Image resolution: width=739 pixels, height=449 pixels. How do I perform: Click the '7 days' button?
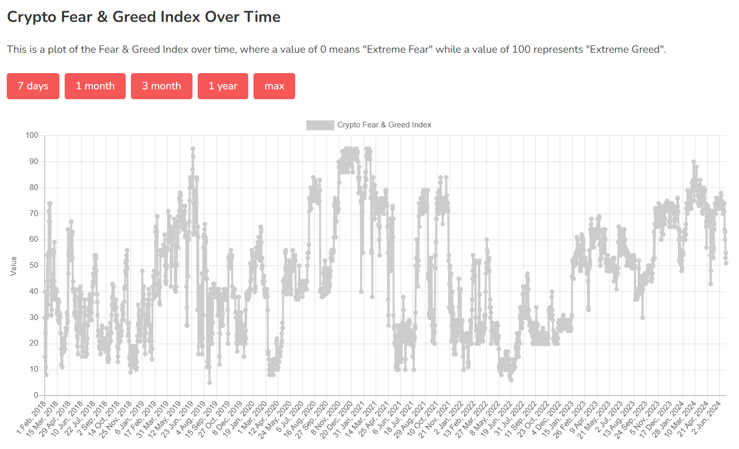(33, 86)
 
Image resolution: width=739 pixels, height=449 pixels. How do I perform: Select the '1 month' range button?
(95, 86)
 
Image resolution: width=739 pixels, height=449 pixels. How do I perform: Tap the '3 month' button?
(162, 86)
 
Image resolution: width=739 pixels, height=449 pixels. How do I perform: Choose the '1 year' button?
(223, 86)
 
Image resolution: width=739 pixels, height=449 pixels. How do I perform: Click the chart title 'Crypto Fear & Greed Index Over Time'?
(143, 17)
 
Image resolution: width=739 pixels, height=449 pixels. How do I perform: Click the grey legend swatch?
(320, 125)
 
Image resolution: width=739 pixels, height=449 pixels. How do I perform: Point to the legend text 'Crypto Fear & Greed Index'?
(384, 125)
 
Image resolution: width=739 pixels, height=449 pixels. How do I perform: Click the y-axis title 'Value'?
(14, 266)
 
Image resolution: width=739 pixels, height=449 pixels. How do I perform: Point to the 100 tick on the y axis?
(32, 135)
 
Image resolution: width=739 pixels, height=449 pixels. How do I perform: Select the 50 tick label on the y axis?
(34, 265)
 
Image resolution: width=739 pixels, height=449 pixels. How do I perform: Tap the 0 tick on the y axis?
(36, 395)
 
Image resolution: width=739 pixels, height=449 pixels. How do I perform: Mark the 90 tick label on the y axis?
(34, 161)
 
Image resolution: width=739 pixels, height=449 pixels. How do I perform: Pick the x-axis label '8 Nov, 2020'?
(326, 418)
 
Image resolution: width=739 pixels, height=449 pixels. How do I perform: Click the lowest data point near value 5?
(209, 383)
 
